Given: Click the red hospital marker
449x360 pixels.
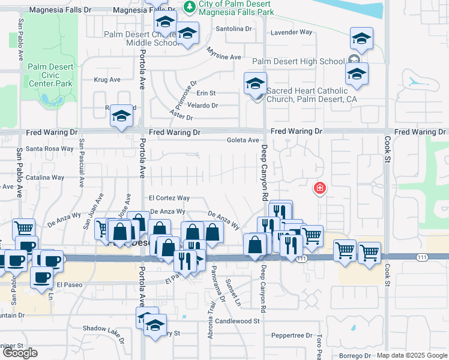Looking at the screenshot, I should point(320,188).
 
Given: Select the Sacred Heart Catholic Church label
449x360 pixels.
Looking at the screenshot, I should point(307,95).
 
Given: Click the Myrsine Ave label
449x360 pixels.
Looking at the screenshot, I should point(224,57).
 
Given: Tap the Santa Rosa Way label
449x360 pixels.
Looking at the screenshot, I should point(49,149).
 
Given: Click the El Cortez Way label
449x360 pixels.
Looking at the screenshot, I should point(169,198).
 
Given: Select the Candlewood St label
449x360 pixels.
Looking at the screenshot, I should point(239,321).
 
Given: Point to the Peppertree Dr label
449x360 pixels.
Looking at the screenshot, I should point(292,335).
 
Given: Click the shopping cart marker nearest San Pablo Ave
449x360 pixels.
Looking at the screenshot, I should point(23,229).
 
